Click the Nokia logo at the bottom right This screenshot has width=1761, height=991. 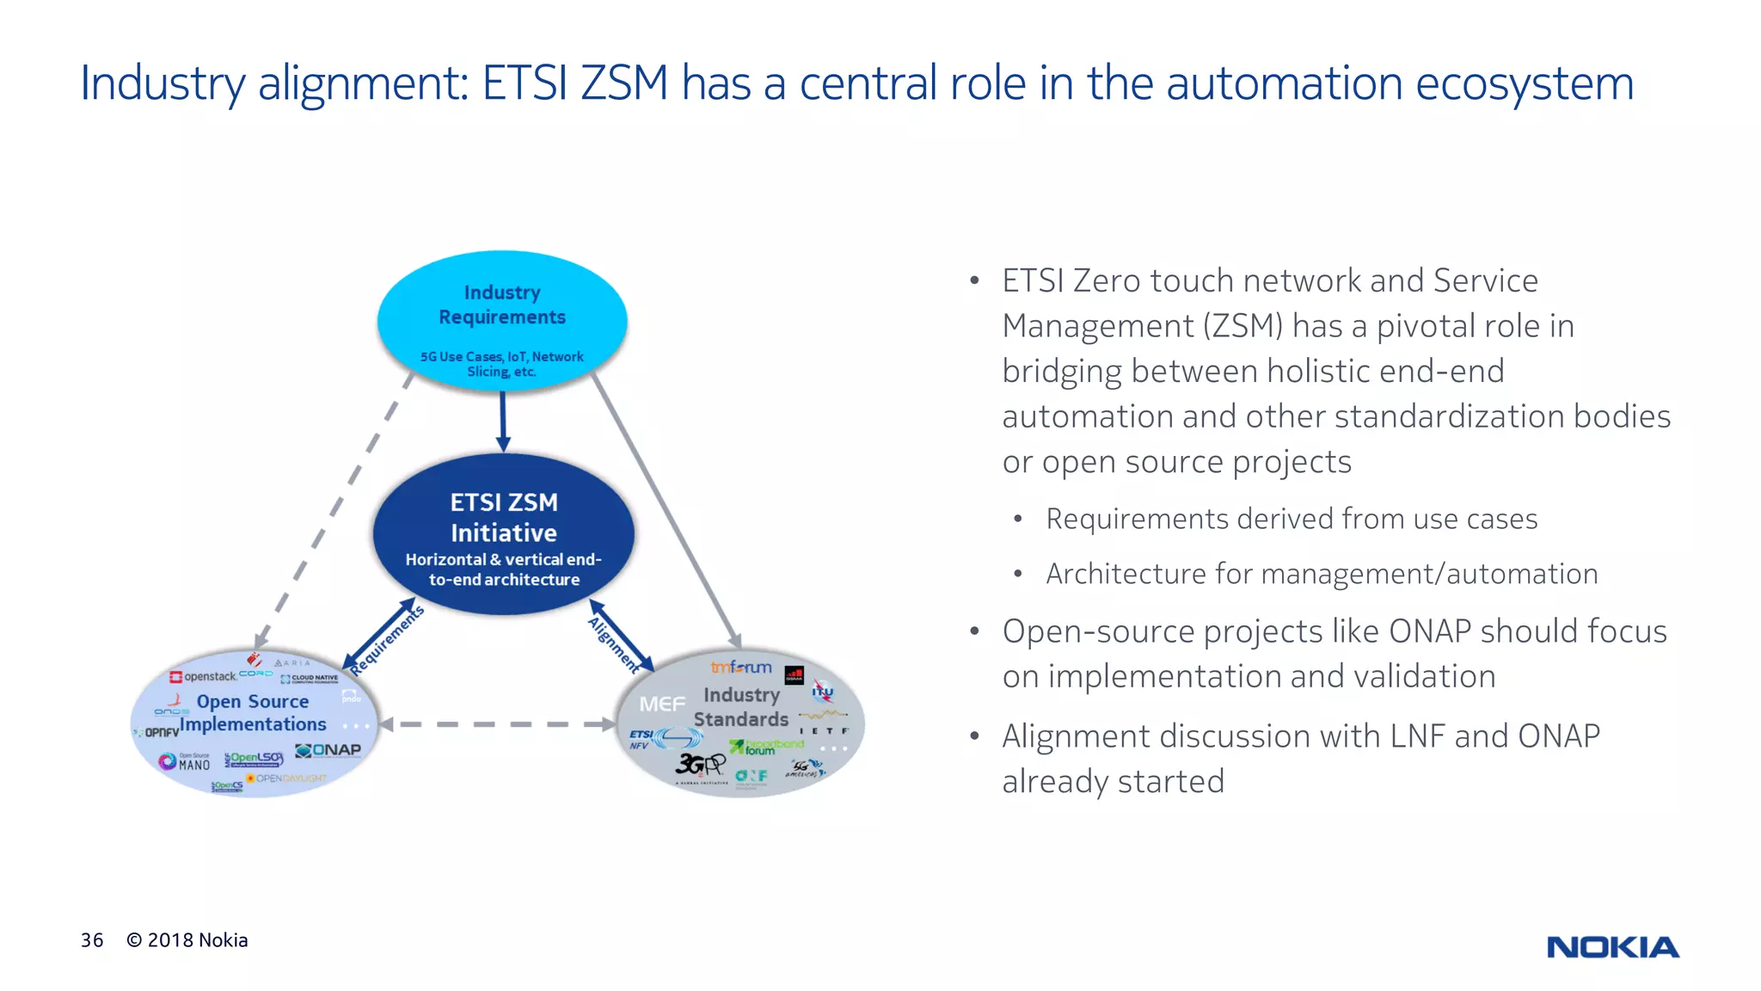(x=1612, y=947)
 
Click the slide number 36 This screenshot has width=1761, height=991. (x=92, y=940)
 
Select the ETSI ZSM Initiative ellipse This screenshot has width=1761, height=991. (x=504, y=533)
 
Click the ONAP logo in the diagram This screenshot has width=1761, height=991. (x=328, y=750)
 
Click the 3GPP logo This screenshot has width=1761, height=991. (x=700, y=764)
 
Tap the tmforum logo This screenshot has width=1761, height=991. (x=740, y=667)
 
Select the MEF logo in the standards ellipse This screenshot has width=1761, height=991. (x=662, y=705)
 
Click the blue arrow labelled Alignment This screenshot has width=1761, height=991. (x=621, y=637)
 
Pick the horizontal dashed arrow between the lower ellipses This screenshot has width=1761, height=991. (x=497, y=724)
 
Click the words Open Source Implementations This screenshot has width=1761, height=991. (x=253, y=713)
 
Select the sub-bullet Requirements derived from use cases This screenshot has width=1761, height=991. (x=1291, y=519)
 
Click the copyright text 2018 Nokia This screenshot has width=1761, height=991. (x=187, y=940)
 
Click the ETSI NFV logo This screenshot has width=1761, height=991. (x=641, y=740)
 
